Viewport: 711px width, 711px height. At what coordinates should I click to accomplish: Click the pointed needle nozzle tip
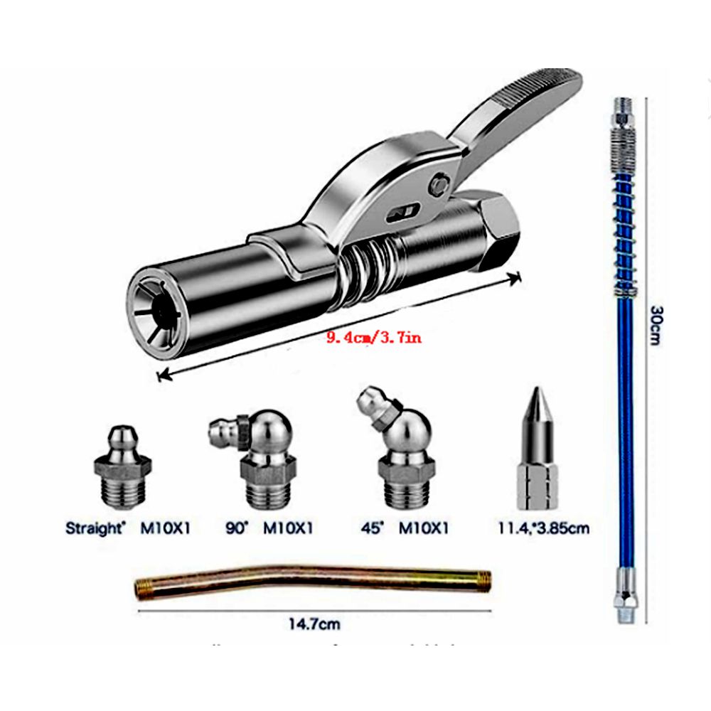[538, 447]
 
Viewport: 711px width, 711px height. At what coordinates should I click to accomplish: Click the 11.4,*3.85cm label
[543, 528]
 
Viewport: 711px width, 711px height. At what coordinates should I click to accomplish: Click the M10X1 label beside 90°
[287, 528]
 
